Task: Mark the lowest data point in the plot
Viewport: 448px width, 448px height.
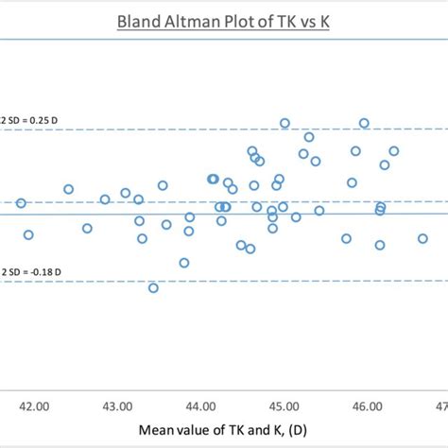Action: [153, 287]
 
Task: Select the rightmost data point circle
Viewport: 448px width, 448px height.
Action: [422, 240]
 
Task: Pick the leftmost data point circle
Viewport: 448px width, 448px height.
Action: [21, 203]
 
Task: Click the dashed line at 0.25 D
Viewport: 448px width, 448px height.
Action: [189, 129]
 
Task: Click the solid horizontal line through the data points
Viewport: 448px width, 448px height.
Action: [95, 214]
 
